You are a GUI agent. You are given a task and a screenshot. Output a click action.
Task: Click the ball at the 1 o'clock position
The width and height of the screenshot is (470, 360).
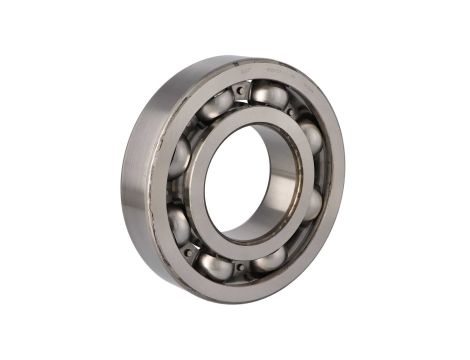tap(268, 96)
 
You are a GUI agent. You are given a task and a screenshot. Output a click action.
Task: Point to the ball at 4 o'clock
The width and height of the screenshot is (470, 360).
tap(311, 203)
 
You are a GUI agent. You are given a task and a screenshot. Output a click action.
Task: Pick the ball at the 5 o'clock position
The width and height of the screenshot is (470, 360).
tap(270, 259)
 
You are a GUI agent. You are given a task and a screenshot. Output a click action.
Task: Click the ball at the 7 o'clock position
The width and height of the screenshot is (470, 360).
tap(214, 265)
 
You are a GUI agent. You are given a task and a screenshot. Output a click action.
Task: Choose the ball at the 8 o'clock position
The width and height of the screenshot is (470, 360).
tap(179, 224)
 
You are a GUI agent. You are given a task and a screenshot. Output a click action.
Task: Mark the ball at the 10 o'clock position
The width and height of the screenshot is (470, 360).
tap(180, 156)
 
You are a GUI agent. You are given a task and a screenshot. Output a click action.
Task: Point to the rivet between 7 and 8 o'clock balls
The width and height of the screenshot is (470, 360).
tap(190, 251)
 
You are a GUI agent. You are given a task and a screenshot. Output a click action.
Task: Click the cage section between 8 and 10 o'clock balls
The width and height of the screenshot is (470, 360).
tap(173, 190)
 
